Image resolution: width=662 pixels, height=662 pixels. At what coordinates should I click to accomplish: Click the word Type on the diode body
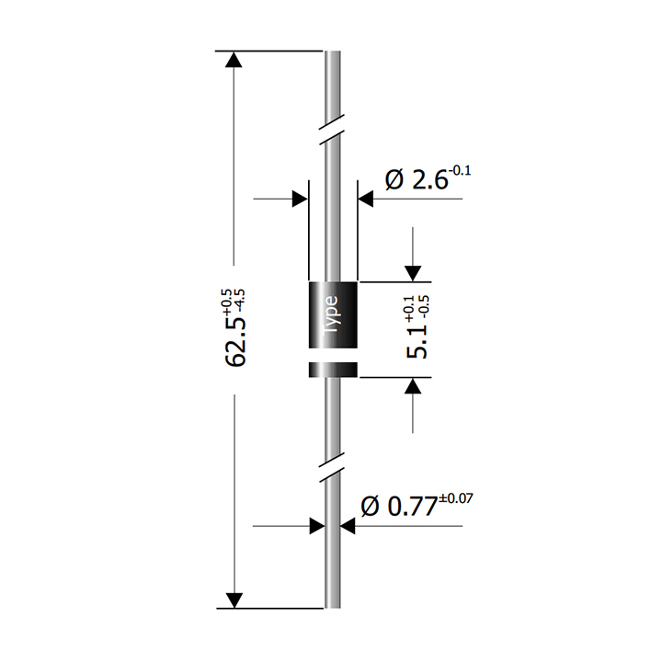[331, 314]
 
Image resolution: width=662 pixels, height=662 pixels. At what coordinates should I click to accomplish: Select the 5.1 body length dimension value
[417, 345]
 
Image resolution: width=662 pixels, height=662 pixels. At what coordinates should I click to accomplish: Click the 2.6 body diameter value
[429, 181]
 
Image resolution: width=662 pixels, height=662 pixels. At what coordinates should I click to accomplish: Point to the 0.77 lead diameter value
[412, 507]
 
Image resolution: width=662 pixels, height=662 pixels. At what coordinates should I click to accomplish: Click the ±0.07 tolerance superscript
[456, 498]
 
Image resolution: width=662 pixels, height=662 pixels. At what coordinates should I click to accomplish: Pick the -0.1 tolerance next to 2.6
[460, 171]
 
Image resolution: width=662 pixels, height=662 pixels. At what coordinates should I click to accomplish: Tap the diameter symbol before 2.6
[394, 180]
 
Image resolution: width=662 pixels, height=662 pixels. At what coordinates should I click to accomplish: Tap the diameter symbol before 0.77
[371, 507]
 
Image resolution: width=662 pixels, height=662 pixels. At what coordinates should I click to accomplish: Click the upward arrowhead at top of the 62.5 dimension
[234, 59]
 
